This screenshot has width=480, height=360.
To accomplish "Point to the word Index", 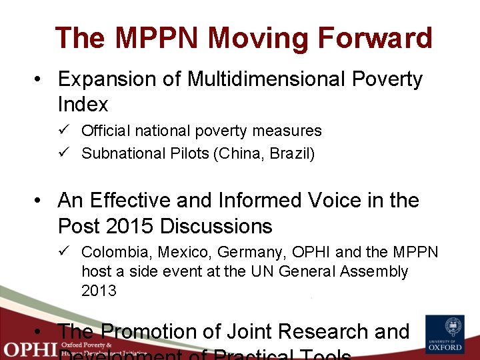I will tap(83, 105).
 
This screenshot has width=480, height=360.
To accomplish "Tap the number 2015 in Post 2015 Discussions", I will tap(131, 226).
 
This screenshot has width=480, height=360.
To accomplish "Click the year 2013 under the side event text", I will tap(99, 291).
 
